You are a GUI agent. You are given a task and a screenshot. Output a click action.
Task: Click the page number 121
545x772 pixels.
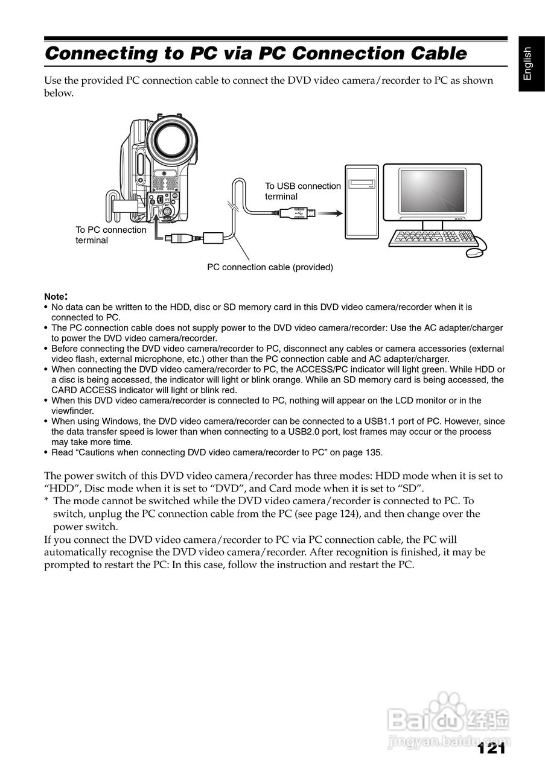[491, 748]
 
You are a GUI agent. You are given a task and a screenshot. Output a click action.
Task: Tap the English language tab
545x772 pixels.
[527, 64]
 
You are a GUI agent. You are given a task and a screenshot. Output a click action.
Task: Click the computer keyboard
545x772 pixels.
[429, 237]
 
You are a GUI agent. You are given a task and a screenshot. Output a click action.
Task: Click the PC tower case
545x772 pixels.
[362, 203]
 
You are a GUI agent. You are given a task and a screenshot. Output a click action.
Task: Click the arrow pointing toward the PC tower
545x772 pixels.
[330, 212]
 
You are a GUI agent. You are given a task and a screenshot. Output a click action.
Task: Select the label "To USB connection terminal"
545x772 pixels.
[303, 191]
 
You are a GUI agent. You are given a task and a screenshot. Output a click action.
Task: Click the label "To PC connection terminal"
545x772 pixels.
[111, 235]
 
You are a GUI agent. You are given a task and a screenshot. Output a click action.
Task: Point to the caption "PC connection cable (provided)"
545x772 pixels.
[270, 267]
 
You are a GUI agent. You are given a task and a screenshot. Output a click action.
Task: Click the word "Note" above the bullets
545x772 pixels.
[54, 297]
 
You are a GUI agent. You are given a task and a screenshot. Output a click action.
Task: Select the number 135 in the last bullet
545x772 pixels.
[374, 453]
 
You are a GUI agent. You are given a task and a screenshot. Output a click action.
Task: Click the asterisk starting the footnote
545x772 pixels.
[46, 501]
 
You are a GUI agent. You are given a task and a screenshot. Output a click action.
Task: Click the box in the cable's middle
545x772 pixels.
[214, 237]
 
